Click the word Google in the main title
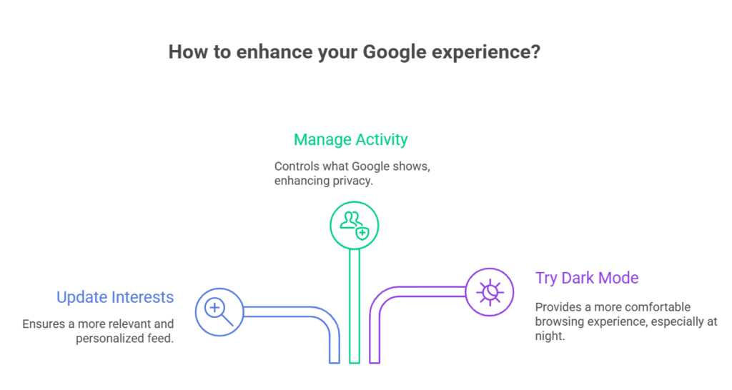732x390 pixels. (x=395, y=52)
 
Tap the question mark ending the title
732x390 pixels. (x=535, y=51)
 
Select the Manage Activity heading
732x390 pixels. (x=350, y=139)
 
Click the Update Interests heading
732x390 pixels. (x=115, y=297)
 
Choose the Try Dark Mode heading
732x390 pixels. (x=587, y=278)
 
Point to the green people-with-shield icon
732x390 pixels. (x=355, y=225)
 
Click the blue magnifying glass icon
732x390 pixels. (x=219, y=312)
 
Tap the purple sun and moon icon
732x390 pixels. (x=490, y=292)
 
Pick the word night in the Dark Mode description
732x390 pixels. (x=550, y=336)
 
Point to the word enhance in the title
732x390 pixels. (x=274, y=51)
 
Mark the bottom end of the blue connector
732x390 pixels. (x=335, y=362)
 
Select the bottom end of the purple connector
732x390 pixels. (x=375, y=362)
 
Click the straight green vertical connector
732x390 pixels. (x=355, y=306)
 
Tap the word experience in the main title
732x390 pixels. (x=480, y=52)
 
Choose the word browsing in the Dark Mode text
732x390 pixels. (x=557, y=322)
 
